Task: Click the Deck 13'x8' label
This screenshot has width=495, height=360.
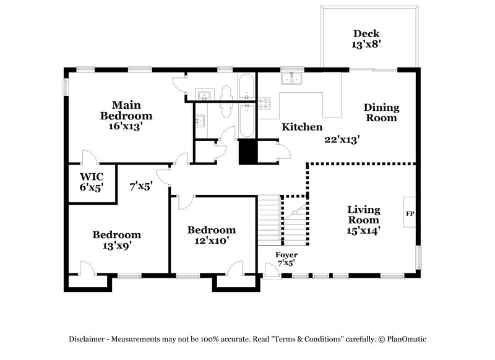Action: [366, 39]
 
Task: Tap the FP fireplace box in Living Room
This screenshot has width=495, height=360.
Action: [409, 214]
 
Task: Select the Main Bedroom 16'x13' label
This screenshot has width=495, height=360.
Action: [126, 115]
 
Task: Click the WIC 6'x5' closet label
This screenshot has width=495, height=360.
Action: [91, 181]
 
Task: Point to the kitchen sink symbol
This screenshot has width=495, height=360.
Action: [290, 79]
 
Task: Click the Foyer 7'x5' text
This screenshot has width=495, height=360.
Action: [286, 259]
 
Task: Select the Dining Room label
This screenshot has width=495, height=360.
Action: [381, 113]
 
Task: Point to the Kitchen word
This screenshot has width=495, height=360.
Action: [302, 127]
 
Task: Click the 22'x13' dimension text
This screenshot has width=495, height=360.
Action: [342, 140]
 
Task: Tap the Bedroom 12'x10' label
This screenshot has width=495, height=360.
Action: [212, 235]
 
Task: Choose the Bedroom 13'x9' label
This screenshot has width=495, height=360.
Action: [116, 240]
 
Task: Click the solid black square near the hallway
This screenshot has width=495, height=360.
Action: [247, 152]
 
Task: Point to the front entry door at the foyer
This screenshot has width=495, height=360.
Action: [270, 269]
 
